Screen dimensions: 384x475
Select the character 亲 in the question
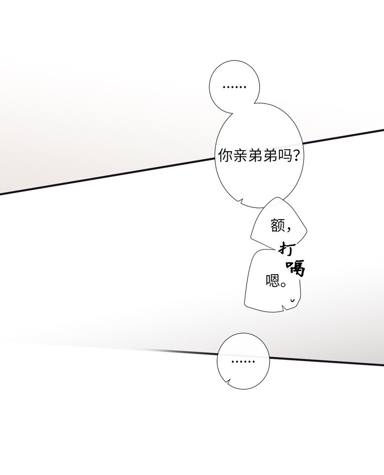[x=241, y=156]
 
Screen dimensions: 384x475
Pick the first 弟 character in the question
[x=256, y=156]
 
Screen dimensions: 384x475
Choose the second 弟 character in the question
[x=271, y=156]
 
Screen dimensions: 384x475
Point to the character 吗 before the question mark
[x=285, y=156]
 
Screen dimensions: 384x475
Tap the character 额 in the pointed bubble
[x=277, y=226]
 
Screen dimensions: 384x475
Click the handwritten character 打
[x=285, y=249]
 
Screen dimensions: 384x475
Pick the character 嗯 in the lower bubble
[x=272, y=281]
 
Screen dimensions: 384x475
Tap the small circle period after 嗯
[x=283, y=284]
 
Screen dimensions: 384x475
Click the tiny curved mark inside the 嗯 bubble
[x=293, y=301]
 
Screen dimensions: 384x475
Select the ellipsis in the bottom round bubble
[x=243, y=362]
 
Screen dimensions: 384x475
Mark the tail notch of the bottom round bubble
[x=229, y=381]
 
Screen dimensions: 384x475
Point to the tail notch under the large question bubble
[x=241, y=201]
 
